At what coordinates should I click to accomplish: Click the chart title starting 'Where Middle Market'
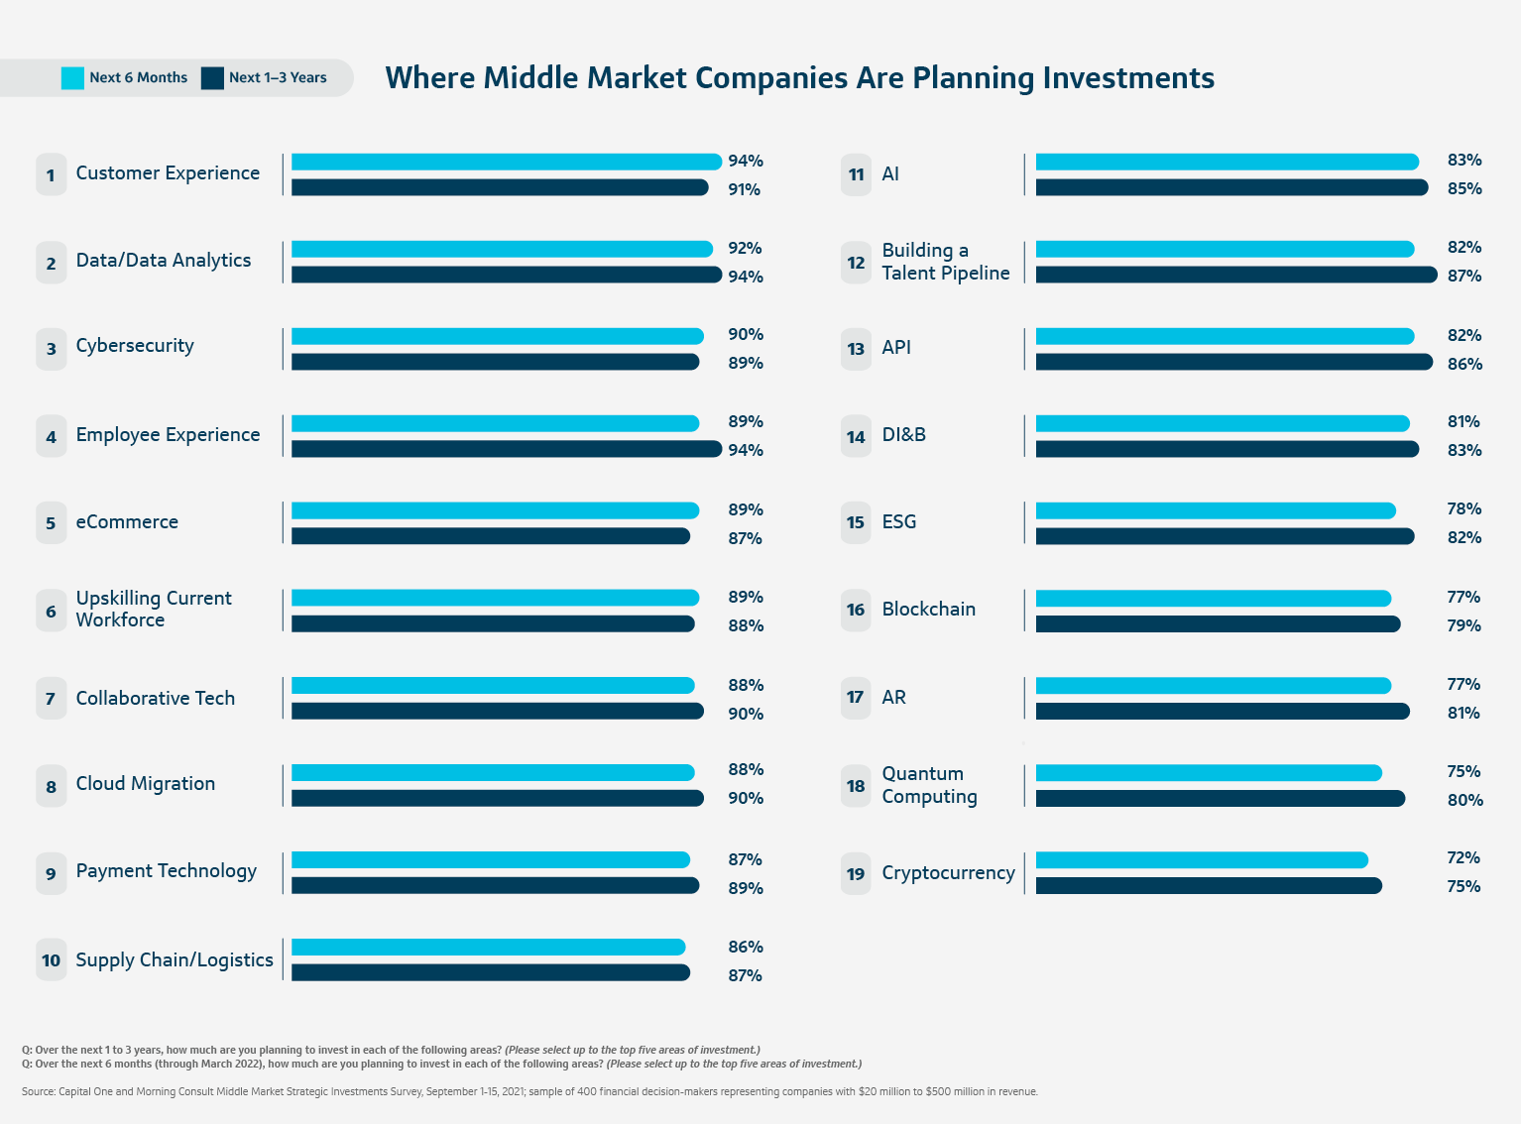(799, 77)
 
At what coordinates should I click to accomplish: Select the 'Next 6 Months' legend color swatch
(72, 77)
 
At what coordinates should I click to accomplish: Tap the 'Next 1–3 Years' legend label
(278, 77)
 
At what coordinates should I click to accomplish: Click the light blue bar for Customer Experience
(506, 162)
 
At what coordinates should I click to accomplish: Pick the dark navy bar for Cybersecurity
(495, 362)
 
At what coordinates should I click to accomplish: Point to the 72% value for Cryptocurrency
(1463, 857)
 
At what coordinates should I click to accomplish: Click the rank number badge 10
(51, 959)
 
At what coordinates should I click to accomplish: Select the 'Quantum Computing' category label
(929, 785)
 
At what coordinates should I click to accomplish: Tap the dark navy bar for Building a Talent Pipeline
(1235, 275)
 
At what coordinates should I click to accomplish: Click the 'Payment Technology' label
(166, 871)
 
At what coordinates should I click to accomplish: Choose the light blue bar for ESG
(1216, 510)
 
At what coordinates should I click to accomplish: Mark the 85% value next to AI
(1464, 188)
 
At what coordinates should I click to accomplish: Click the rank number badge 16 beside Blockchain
(856, 610)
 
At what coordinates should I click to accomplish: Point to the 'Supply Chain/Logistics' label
(175, 959)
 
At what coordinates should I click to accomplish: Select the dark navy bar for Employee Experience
(506, 449)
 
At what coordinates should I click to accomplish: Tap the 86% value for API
(1464, 364)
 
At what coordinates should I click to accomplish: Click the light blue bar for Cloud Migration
(493, 772)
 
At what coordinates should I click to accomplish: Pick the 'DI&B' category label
(903, 435)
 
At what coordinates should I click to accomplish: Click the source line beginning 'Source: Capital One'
(529, 1091)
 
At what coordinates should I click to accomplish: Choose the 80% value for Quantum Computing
(1464, 800)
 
